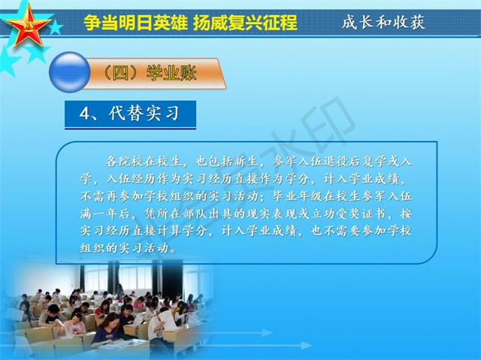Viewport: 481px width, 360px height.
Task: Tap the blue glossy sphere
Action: (70, 72)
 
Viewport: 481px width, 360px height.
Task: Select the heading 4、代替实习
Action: (130, 113)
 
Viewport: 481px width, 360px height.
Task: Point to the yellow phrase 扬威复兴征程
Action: (246, 22)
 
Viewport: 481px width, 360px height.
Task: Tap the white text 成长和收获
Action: (383, 22)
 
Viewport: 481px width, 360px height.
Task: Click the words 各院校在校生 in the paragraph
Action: (144, 161)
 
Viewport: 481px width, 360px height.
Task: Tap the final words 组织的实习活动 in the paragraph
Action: (125, 248)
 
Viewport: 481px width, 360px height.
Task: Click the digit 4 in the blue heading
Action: (84, 113)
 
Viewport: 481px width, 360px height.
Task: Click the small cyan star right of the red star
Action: (56, 28)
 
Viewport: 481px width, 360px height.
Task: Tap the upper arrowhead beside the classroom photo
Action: (266, 333)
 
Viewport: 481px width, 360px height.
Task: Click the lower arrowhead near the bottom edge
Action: (306, 346)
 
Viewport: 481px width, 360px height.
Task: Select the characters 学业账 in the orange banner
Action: (171, 74)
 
